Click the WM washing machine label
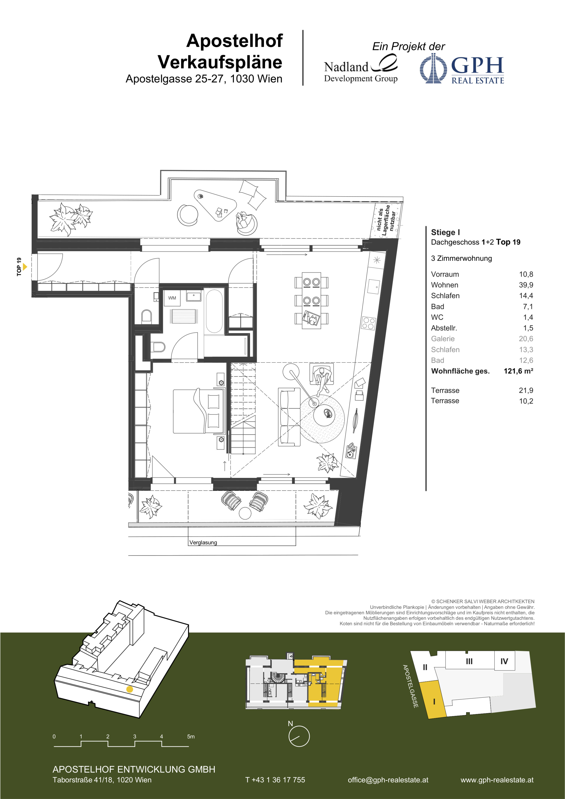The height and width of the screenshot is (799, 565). click(x=172, y=298)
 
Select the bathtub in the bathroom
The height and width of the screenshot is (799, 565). click(x=214, y=311)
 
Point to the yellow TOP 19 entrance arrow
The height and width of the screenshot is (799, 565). click(x=25, y=267)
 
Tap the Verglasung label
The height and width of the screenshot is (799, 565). click(x=203, y=543)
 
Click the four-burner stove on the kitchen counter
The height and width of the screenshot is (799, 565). click(x=368, y=323)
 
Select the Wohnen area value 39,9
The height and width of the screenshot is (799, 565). click(x=526, y=285)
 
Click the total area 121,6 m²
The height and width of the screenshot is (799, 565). click(x=518, y=371)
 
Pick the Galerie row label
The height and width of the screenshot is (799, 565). click(x=443, y=339)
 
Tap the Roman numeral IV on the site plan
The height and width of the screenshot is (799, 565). click(x=504, y=661)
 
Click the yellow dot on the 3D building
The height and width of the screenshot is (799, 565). click(x=129, y=689)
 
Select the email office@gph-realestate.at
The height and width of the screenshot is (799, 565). click(x=388, y=780)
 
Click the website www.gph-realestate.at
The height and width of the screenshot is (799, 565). click(x=497, y=780)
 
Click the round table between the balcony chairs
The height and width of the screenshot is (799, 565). click(x=245, y=513)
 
